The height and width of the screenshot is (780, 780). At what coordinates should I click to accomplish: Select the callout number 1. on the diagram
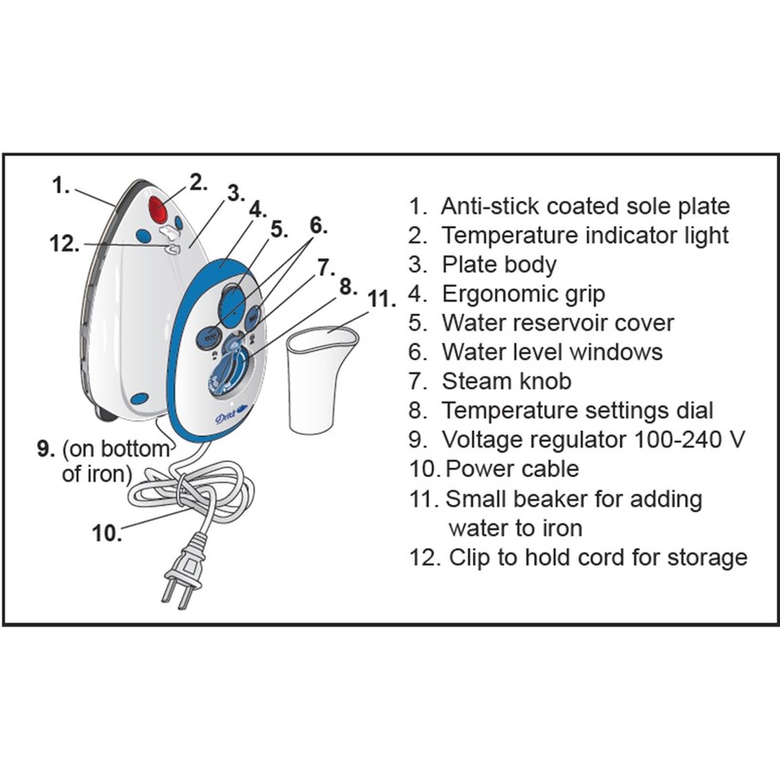[x=61, y=184]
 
